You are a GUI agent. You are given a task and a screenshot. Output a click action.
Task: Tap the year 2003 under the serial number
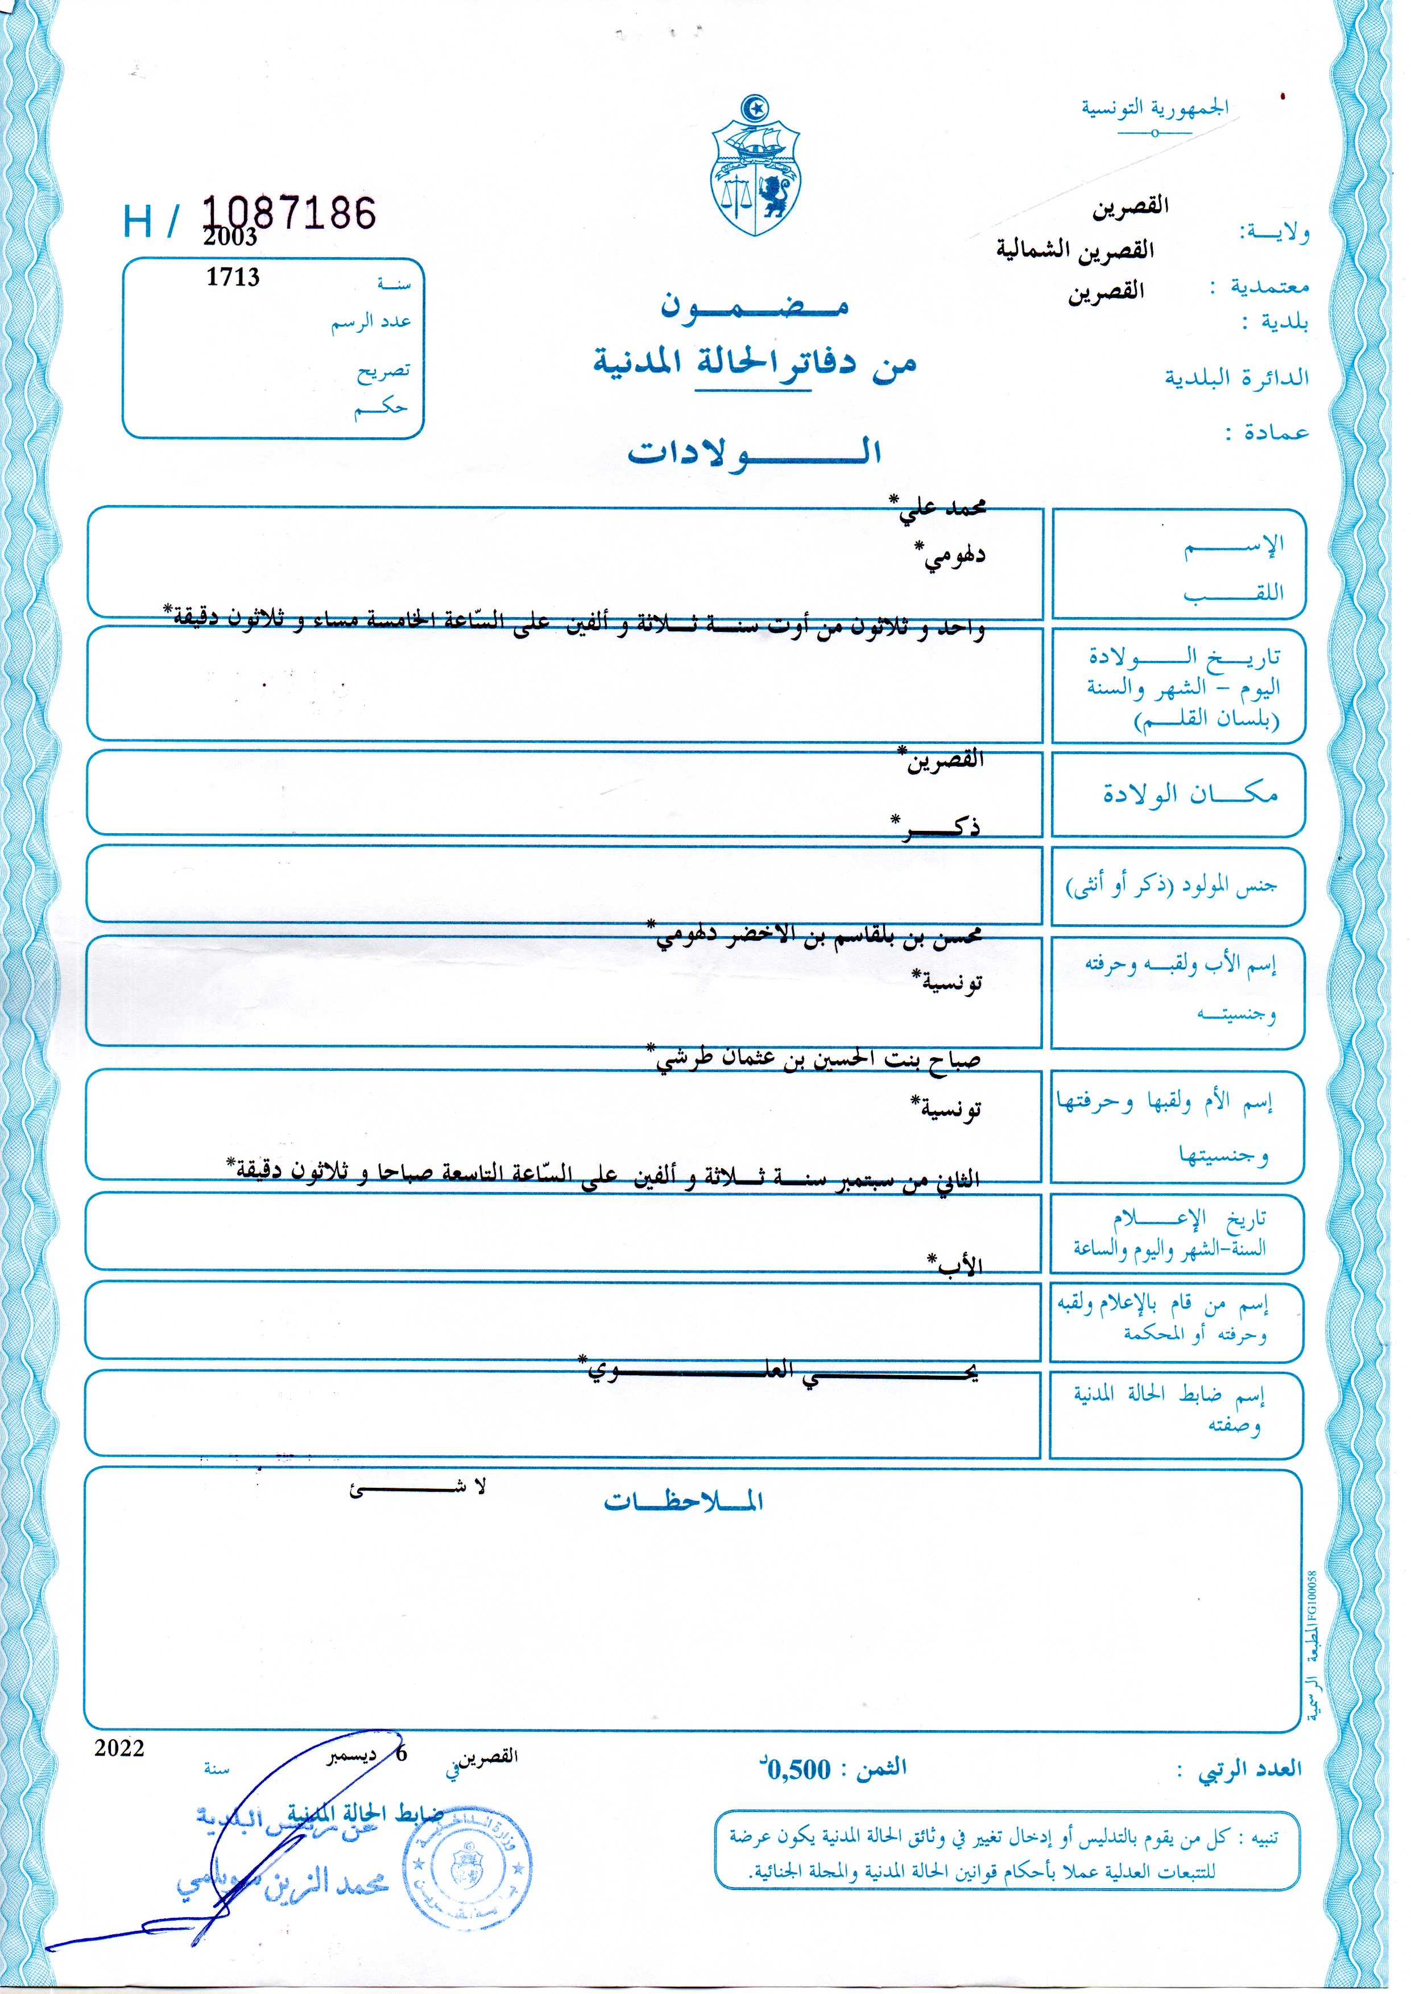[230, 237]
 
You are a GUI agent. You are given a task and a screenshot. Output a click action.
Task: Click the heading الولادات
[754, 451]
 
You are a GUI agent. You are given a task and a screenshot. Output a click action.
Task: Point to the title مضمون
[754, 306]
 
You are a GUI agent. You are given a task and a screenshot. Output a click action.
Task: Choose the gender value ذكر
[937, 827]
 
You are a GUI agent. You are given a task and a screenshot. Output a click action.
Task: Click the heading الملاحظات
[683, 1501]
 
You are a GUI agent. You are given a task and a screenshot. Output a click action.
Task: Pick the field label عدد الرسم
[370, 322]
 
